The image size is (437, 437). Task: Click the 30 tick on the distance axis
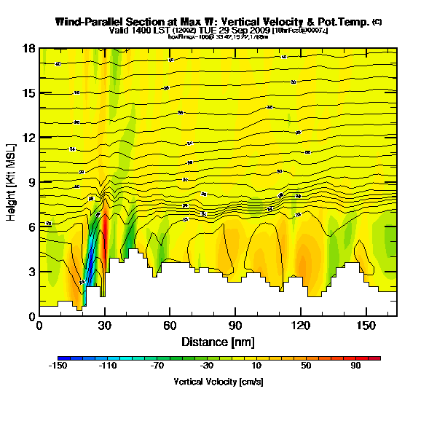point(106,325)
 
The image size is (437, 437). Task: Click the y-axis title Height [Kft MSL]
point(12,182)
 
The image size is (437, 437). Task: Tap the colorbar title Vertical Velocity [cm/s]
point(219,382)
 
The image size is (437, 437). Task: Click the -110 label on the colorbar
point(109,367)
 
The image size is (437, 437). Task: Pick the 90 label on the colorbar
point(355,367)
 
